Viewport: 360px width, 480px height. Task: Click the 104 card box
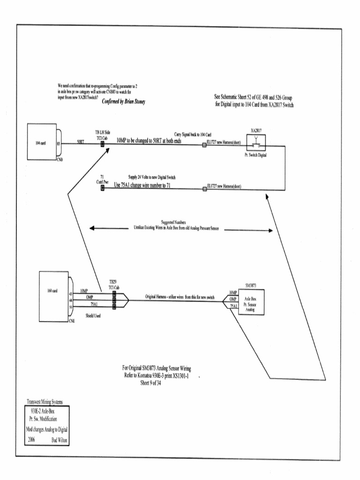[x=42, y=142]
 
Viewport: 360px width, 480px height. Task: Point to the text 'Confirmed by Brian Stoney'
[x=124, y=102]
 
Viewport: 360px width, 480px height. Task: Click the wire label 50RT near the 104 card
[x=80, y=141]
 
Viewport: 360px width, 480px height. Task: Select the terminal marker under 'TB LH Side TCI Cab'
[x=102, y=145]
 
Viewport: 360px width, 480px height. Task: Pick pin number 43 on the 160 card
[x=71, y=293]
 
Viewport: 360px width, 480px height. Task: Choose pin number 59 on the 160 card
[x=71, y=307]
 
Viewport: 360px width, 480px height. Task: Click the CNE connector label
[x=72, y=321]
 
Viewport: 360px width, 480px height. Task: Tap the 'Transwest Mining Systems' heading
[x=46, y=402]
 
